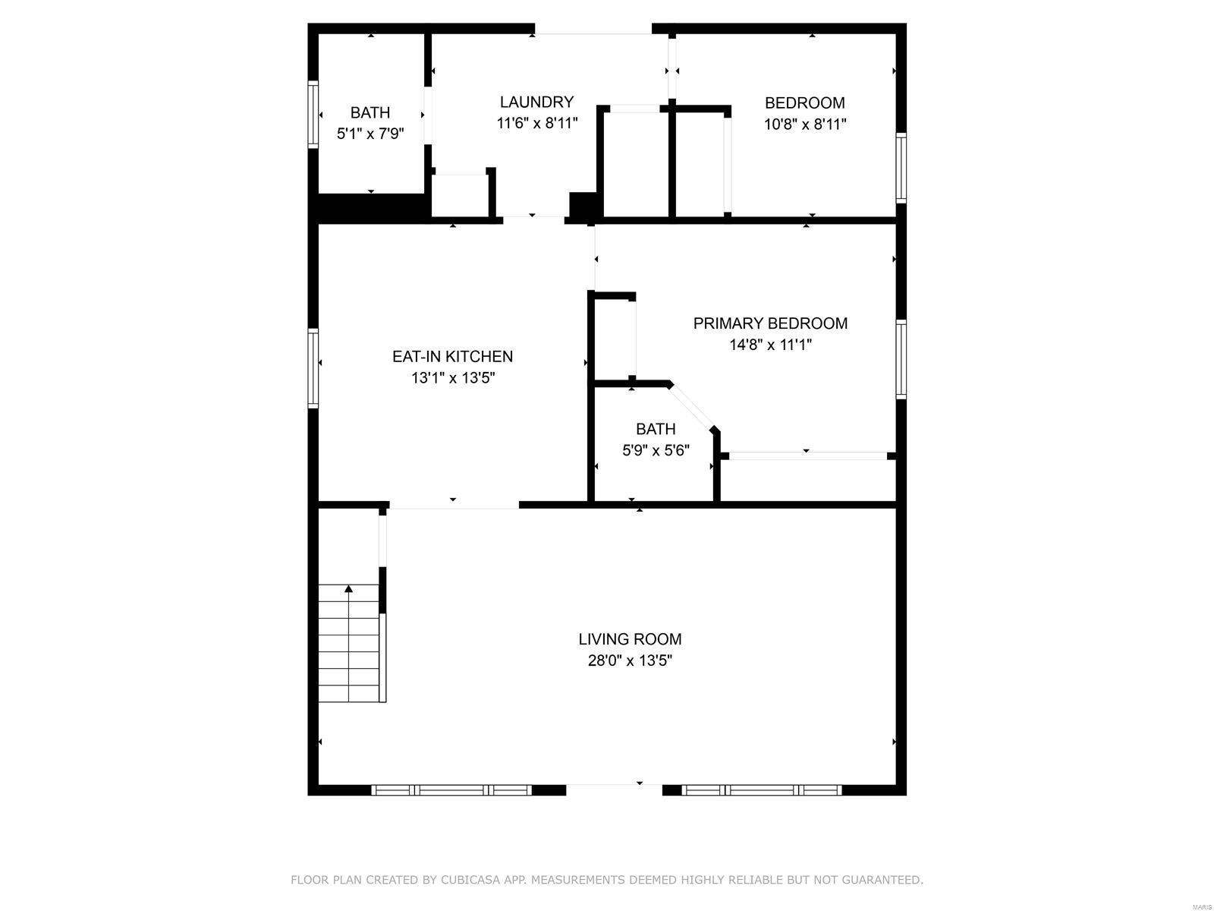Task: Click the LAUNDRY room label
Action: pyautogui.click(x=536, y=102)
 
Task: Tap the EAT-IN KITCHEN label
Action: pyautogui.click(x=452, y=357)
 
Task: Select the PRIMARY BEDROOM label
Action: pyautogui.click(x=770, y=323)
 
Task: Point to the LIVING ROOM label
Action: pyautogui.click(x=630, y=639)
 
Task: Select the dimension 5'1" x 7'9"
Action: pyautogui.click(x=370, y=134)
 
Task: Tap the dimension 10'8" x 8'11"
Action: pyautogui.click(x=805, y=124)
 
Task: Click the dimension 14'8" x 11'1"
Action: pyautogui.click(x=770, y=345)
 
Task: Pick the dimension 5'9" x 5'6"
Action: pyautogui.click(x=656, y=451)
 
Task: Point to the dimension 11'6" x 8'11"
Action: pyautogui.click(x=536, y=123)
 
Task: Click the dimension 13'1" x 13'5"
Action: pyautogui.click(x=452, y=378)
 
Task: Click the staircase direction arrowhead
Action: pyautogui.click(x=348, y=589)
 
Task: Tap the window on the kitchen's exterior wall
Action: pyautogui.click(x=313, y=368)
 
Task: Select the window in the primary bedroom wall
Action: pyautogui.click(x=901, y=359)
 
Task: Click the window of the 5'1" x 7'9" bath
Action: pyautogui.click(x=313, y=115)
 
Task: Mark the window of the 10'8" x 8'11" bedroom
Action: pyautogui.click(x=901, y=168)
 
